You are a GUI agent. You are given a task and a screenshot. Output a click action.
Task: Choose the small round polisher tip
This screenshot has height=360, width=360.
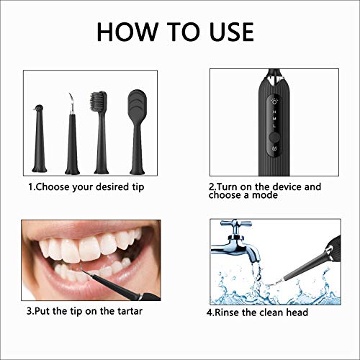(x=40, y=110)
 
